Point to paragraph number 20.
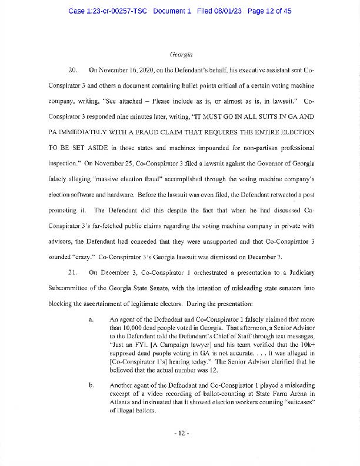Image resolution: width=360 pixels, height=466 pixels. (x=74, y=69)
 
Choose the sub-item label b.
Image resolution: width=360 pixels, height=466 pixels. (x=91, y=386)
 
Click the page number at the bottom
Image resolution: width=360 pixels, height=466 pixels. (x=180, y=434)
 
